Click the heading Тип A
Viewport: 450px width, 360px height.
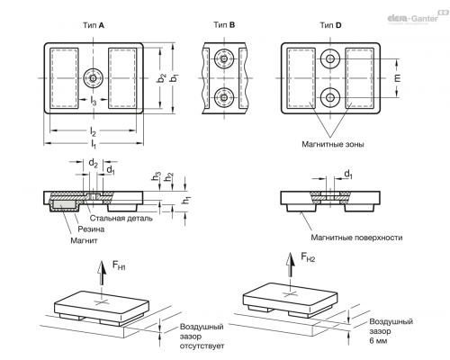click(x=94, y=25)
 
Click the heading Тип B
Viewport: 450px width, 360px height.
click(x=224, y=25)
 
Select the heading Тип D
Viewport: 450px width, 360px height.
click(x=330, y=25)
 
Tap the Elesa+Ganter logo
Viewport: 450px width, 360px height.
click(x=417, y=18)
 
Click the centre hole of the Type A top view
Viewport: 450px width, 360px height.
click(x=94, y=78)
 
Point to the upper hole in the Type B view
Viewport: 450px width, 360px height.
click(x=224, y=58)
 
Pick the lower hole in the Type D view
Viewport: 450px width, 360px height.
click(x=330, y=97)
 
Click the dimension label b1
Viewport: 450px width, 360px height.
click(x=175, y=78)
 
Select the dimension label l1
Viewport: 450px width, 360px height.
click(x=94, y=144)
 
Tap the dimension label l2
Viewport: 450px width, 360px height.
click(x=93, y=131)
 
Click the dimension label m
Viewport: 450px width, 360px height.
click(x=397, y=78)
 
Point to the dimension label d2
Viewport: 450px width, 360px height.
click(x=93, y=164)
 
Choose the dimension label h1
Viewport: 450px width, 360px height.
click(x=186, y=200)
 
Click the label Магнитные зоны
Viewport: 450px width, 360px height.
click(x=333, y=144)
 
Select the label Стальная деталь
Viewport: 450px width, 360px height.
click(x=121, y=218)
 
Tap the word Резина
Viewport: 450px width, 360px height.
click(x=91, y=229)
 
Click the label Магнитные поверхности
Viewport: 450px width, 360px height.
click(x=356, y=238)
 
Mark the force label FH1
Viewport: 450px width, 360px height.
click(x=119, y=265)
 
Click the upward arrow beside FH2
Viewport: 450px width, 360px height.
click(x=290, y=265)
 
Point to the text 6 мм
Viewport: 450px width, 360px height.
click(x=378, y=341)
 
